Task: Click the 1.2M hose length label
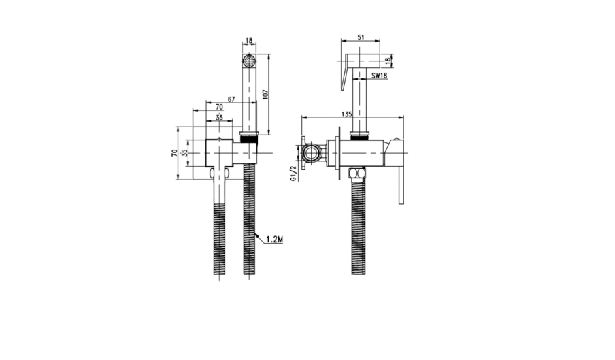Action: (x=275, y=239)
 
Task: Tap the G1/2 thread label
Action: (x=293, y=174)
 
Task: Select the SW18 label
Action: (x=380, y=76)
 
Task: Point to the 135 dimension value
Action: (x=347, y=114)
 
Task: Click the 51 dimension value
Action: (x=361, y=37)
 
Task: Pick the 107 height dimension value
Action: (x=265, y=95)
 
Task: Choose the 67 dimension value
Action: (x=231, y=99)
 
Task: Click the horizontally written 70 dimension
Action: (x=219, y=107)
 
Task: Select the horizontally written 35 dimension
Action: (x=219, y=117)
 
